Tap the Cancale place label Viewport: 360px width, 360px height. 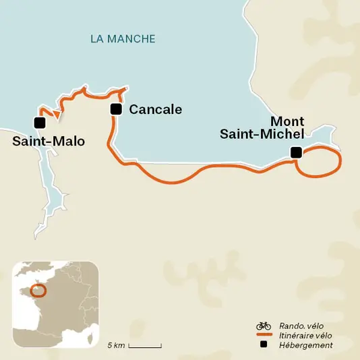(155, 110)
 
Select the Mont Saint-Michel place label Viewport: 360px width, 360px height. (263, 127)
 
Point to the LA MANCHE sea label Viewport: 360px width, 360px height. (123, 39)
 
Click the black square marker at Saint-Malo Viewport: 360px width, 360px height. (39, 123)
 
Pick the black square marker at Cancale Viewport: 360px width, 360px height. (116, 109)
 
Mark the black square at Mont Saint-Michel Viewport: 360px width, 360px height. (295, 152)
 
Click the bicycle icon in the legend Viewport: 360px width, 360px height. (263, 326)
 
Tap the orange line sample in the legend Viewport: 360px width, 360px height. (263, 335)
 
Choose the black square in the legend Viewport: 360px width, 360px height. (264, 344)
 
